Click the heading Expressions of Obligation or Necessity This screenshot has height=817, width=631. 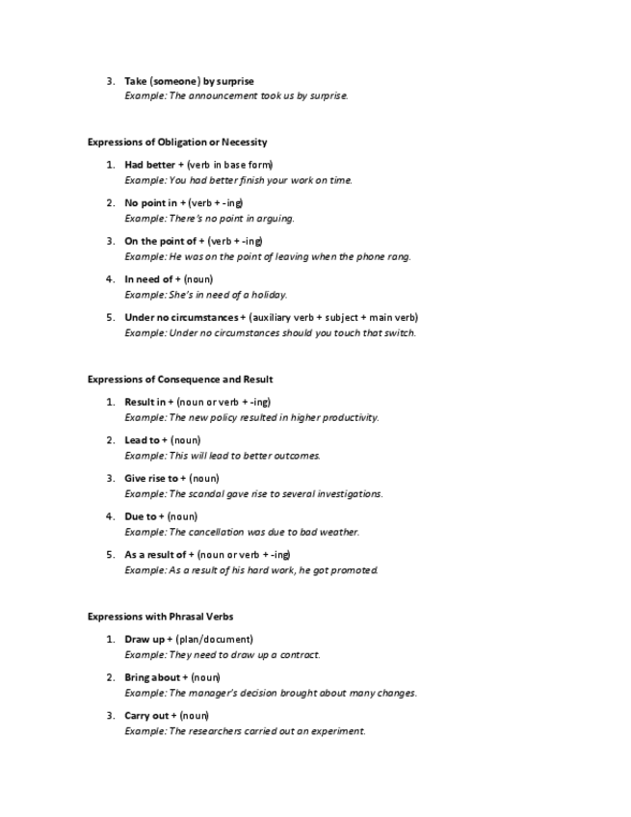pos(177,143)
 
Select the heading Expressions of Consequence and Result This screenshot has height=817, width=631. pos(180,380)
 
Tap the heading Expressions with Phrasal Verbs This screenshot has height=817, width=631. pos(160,617)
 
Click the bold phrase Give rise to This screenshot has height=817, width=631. pos(151,478)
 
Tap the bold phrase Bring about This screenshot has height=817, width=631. pos(152,677)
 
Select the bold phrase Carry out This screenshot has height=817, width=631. pos(147,716)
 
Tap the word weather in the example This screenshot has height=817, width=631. pos(340,532)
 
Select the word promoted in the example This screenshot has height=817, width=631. pos(355,570)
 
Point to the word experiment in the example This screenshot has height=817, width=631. pos(341,731)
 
